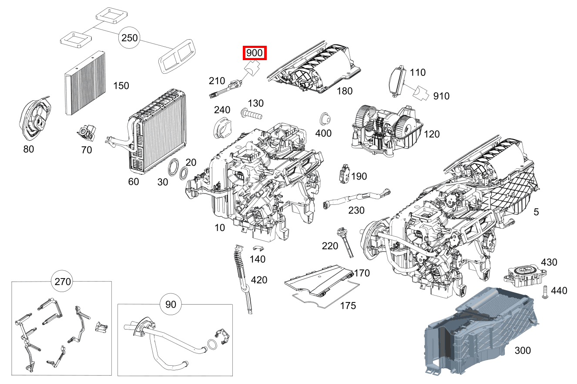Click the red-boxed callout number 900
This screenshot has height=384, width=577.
click(x=254, y=53)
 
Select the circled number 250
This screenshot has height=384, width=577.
click(x=130, y=38)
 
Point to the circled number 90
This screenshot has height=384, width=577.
click(x=171, y=304)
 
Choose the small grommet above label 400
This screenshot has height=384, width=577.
click(x=324, y=119)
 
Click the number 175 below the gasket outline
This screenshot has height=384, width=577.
click(x=348, y=306)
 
